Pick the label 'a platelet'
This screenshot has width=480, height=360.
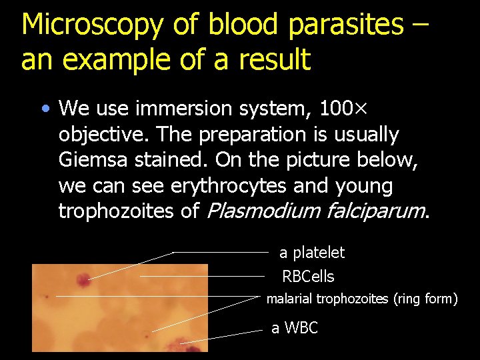coord(312,253)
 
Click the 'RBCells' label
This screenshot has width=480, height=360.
coord(308,276)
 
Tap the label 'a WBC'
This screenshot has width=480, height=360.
coord(295,328)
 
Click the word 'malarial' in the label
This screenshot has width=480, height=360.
coord(289,299)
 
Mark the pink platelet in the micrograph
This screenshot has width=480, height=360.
coord(84,279)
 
